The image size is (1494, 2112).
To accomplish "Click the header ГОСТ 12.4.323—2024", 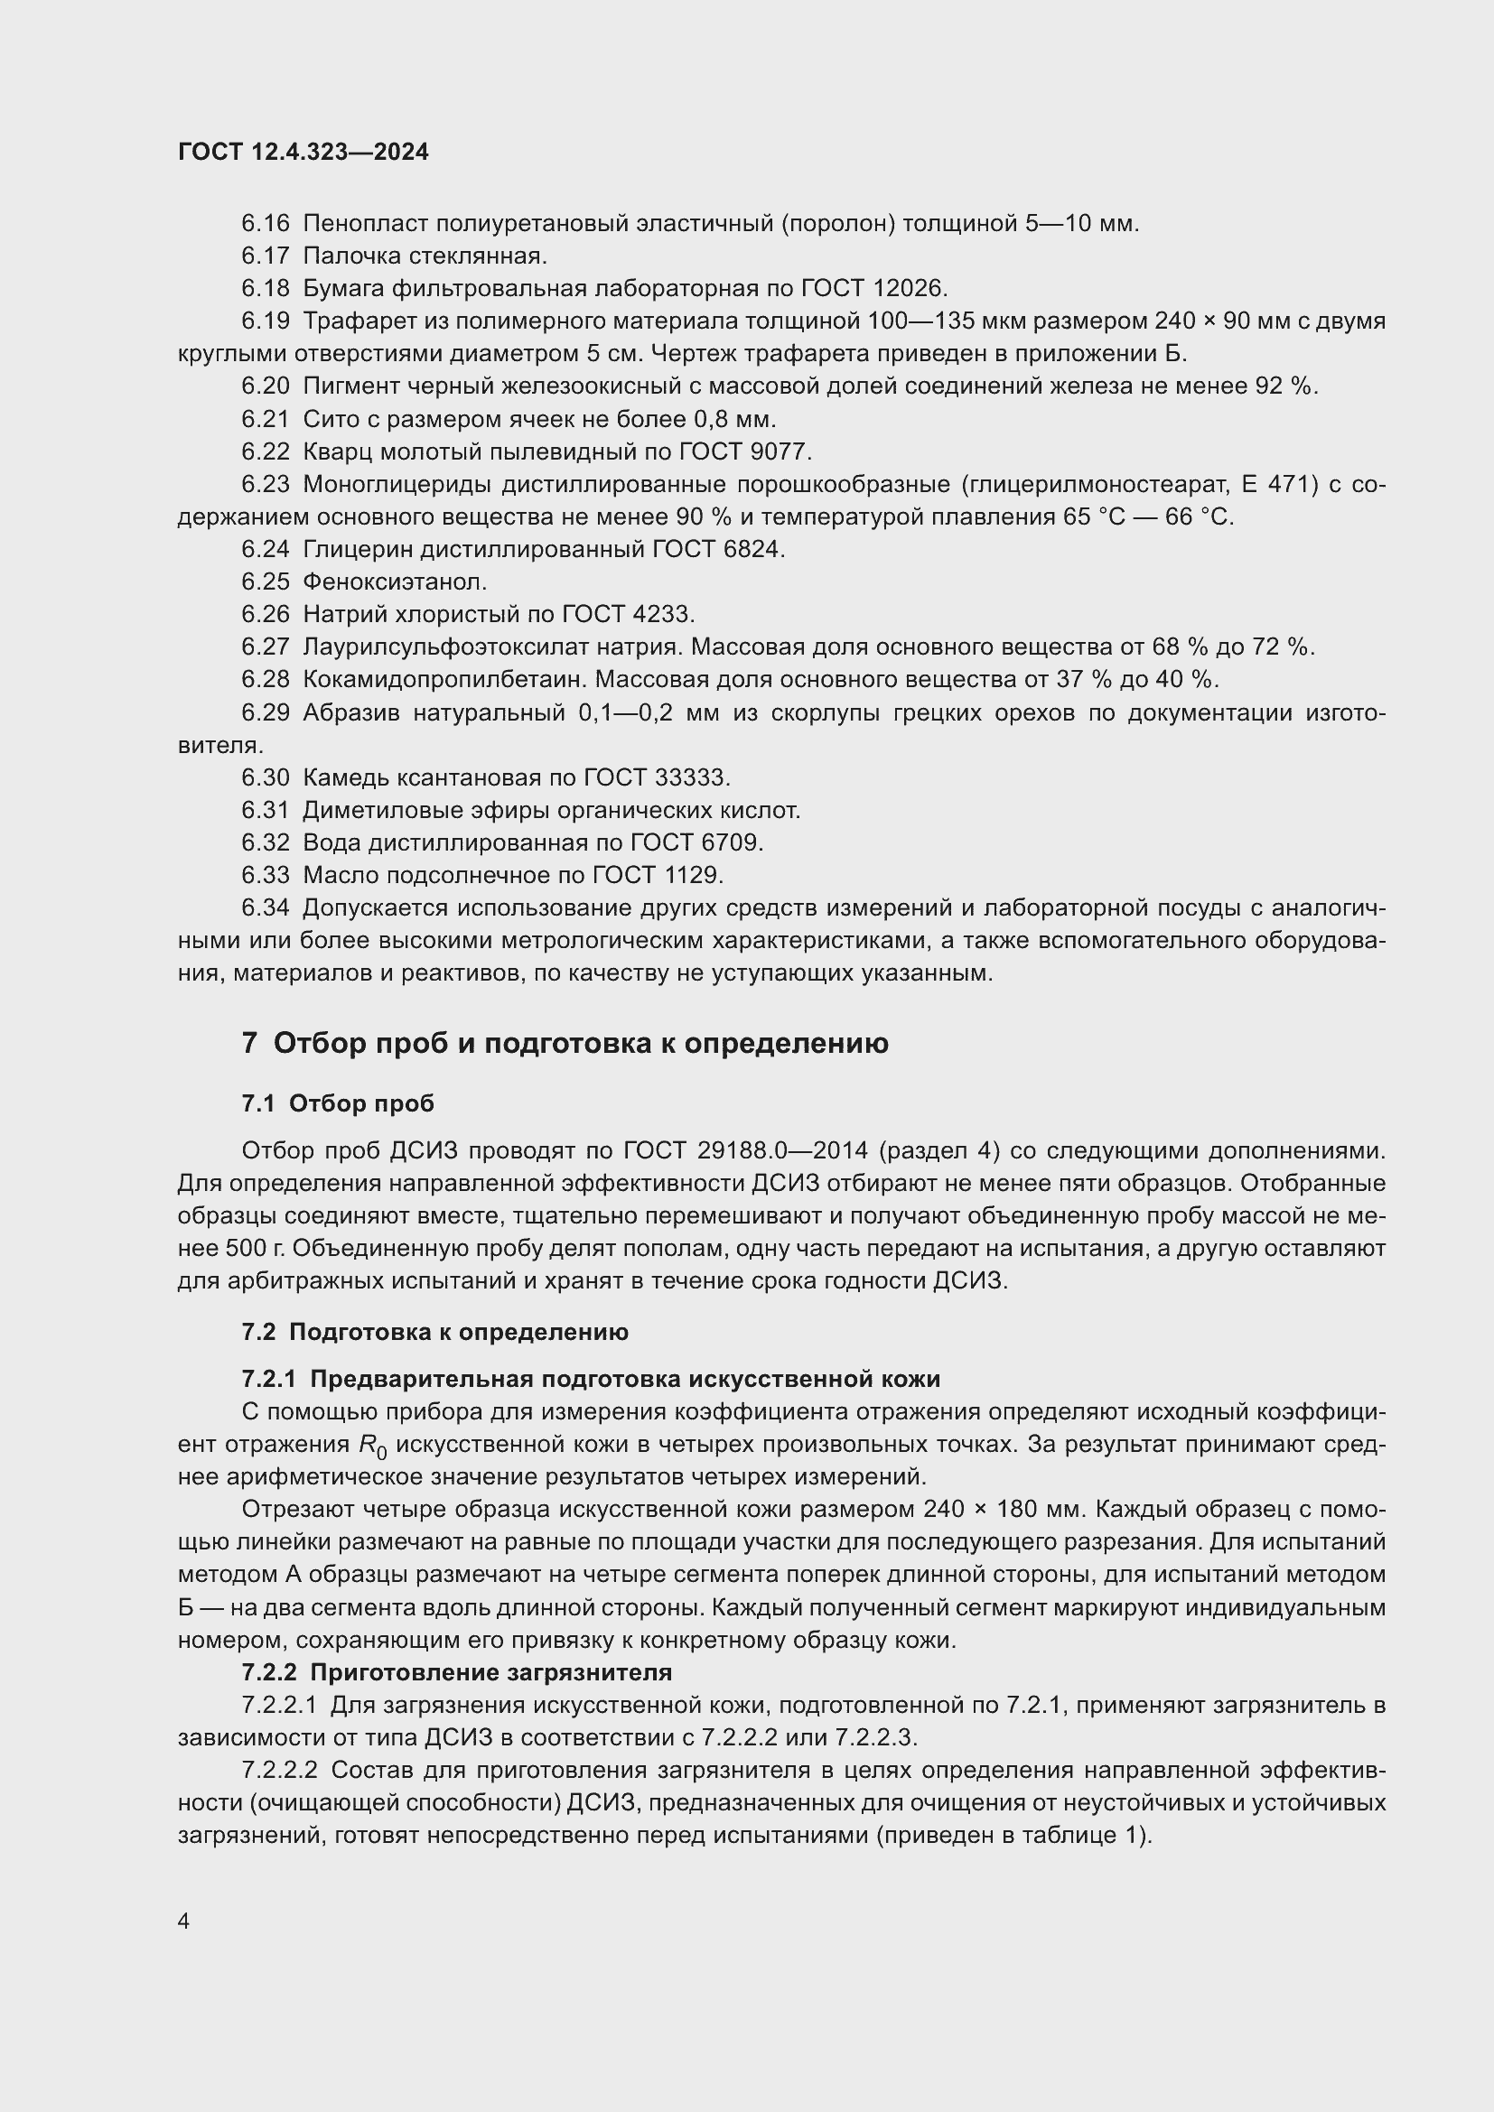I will coord(303,153).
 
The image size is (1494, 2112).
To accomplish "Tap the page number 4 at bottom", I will coord(184,1921).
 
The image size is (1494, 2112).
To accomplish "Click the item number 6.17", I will coord(265,256).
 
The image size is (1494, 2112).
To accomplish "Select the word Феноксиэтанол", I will coord(394,581).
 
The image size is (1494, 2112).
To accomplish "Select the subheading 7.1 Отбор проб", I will coord(338,1103).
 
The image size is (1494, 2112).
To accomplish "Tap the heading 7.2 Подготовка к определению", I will coord(434,1332).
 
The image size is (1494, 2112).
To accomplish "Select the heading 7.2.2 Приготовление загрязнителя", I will coord(456,1671).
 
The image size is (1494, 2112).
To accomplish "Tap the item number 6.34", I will coord(265,907).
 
